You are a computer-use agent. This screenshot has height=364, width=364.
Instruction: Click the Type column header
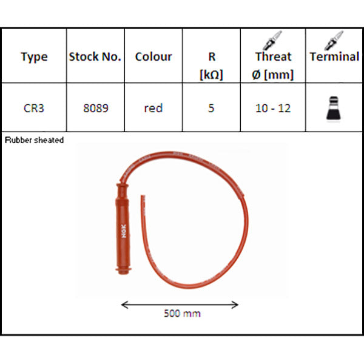[x=34, y=57]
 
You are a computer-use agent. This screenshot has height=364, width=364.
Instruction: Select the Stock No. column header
[x=95, y=56]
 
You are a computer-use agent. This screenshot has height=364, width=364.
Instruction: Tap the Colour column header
[x=153, y=56]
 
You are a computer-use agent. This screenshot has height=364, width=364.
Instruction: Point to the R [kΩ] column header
[x=211, y=66]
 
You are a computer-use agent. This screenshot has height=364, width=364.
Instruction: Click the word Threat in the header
[x=273, y=56]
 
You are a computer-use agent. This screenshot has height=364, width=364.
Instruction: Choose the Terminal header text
[x=334, y=56]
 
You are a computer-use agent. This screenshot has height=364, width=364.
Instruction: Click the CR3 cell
[x=34, y=108]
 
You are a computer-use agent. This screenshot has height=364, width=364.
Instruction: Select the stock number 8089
[x=96, y=108]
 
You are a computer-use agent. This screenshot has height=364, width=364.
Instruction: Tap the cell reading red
[x=153, y=108]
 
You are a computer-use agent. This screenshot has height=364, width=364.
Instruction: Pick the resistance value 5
[x=211, y=108]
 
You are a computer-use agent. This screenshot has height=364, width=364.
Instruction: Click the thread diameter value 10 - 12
[x=273, y=108]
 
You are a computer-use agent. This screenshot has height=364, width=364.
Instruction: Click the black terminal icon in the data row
[x=333, y=109]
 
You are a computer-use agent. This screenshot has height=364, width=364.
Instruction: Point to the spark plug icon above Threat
[x=272, y=40]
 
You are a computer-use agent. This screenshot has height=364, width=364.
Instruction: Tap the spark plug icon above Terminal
[x=334, y=40]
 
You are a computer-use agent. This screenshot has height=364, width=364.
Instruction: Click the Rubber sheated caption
[x=34, y=140]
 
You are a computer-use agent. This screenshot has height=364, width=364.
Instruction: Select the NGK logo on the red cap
[x=124, y=231]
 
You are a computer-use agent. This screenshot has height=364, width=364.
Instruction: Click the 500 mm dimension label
[x=182, y=314]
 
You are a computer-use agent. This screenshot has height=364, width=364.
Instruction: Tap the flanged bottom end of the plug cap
[x=124, y=270]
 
